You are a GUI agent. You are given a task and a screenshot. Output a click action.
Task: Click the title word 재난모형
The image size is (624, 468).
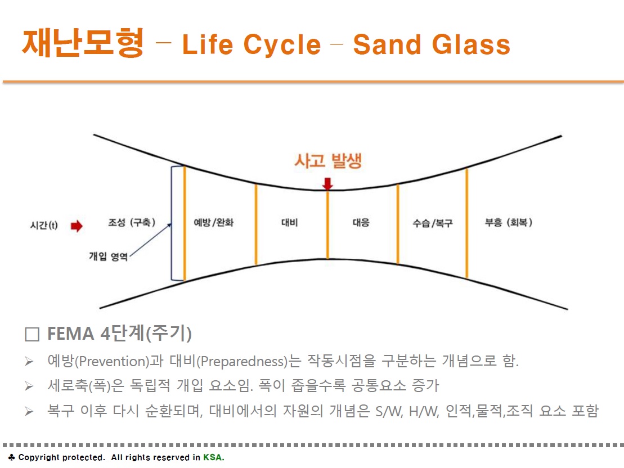click(83, 43)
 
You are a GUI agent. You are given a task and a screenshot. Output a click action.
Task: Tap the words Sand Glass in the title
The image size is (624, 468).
click(432, 44)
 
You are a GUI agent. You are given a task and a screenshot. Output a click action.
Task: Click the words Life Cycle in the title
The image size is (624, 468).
click(252, 44)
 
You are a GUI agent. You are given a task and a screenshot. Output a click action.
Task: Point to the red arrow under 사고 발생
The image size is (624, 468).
click(327, 184)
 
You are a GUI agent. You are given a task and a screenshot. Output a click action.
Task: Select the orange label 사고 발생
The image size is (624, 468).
click(328, 161)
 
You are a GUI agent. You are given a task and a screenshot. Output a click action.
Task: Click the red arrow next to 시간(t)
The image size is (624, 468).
click(77, 226)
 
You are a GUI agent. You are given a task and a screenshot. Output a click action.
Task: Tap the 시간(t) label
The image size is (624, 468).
click(44, 225)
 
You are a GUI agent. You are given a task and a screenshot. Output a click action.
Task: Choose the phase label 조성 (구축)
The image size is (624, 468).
click(132, 222)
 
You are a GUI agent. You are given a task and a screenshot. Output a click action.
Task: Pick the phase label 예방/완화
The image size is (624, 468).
click(214, 222)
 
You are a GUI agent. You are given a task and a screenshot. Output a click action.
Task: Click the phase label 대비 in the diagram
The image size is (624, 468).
click(289, 222)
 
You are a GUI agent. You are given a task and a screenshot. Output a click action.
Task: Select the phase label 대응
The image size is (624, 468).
click(361, 222)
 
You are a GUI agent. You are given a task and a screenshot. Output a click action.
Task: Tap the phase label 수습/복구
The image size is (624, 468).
click(433, 223)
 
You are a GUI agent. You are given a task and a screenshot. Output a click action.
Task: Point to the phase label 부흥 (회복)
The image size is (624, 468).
click(509, 222)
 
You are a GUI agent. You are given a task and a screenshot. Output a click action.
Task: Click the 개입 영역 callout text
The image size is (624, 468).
click(108, 256)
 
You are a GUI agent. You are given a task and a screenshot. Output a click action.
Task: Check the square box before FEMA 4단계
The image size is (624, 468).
click(32, 334)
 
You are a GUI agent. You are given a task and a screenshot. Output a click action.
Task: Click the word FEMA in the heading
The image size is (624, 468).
click(71, 334)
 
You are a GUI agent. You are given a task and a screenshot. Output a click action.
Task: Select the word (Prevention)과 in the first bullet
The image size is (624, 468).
click(119, 361)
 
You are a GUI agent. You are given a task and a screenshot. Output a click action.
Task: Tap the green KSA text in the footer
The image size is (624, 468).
click(213, 457)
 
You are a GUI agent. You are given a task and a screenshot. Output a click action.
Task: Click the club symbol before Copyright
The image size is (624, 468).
click(12, 457)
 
